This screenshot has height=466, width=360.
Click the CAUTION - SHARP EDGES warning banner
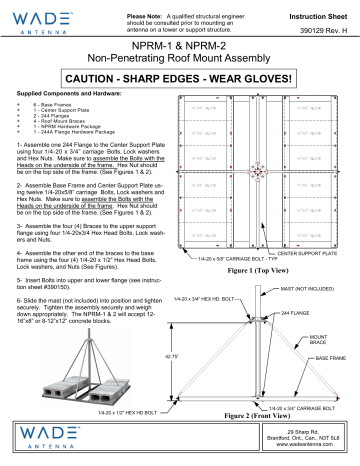click(x=180, y=77)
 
